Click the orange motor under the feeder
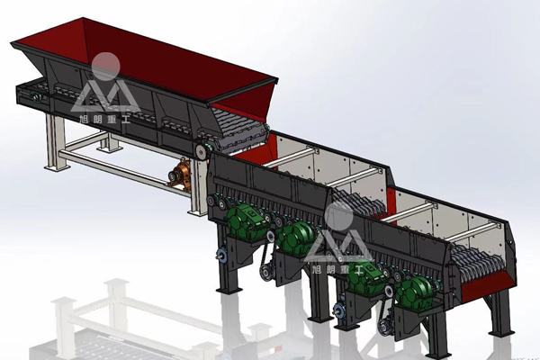tap(180, 174)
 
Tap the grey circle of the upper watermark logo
tap(105, 67)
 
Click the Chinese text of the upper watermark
tap(104, 120)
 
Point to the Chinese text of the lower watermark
tap(337, 269)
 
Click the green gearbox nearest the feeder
tap(245, 222)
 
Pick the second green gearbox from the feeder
tap(296, 237)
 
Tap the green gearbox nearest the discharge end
tap(414, 291)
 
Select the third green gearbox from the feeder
tap(364, 278)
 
